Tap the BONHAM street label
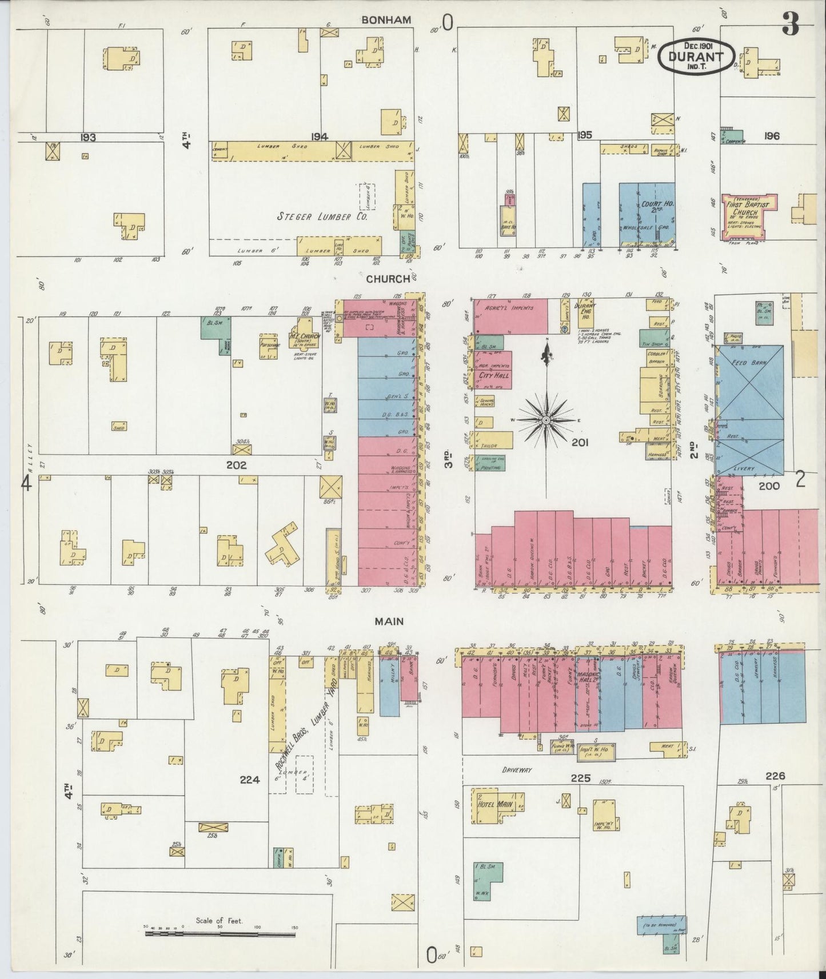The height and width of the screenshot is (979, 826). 386,20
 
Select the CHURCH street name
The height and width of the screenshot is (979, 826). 388,279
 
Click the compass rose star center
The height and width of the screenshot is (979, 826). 546,420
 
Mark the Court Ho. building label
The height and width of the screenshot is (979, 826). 651,206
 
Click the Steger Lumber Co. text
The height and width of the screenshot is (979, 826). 322,217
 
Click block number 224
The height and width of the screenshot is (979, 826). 250,779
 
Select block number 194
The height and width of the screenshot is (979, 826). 319,136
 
